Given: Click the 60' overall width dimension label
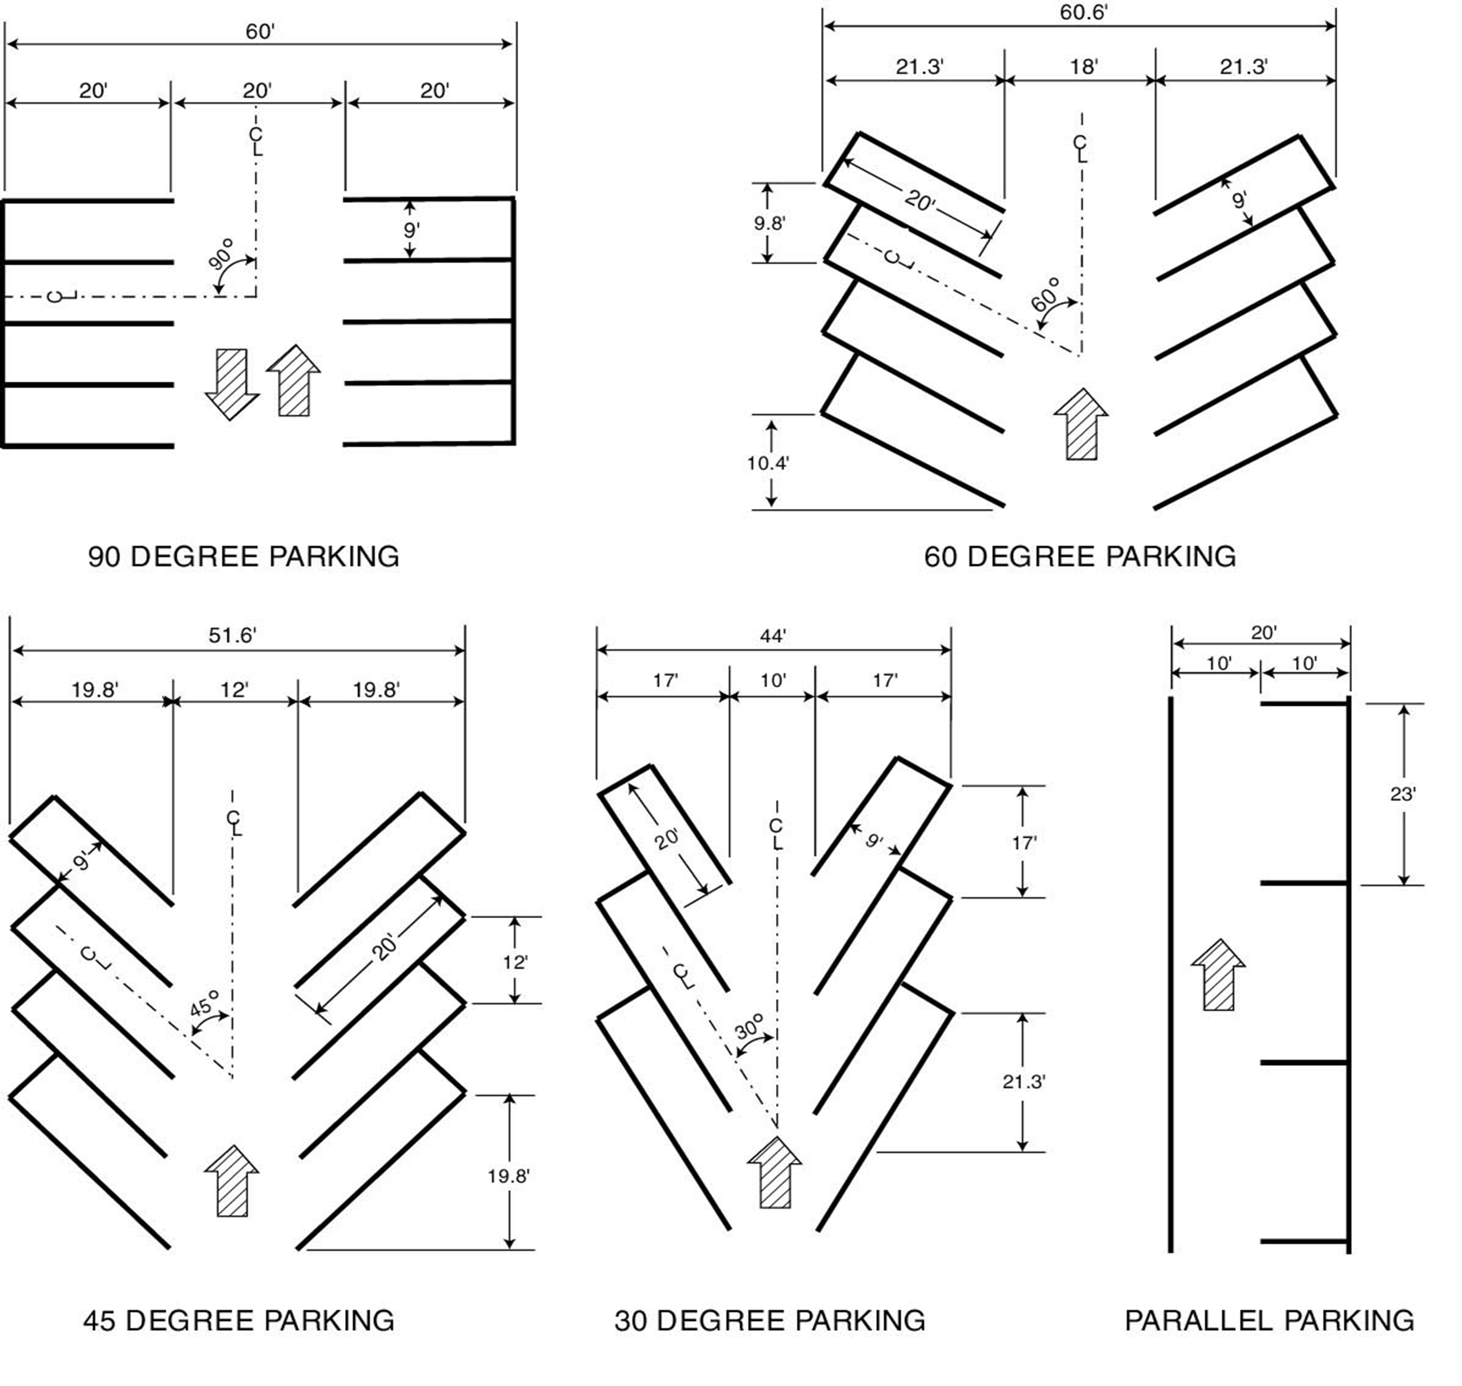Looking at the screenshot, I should coord(259,32).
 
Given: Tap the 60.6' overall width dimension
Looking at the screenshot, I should coord(1083,13).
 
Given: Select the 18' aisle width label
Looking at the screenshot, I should coord(1083,66).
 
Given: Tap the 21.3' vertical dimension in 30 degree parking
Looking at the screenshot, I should coord(1023,1082).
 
